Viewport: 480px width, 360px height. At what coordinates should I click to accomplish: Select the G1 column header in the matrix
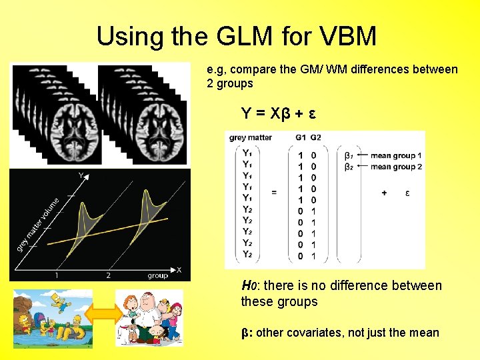point(301,138)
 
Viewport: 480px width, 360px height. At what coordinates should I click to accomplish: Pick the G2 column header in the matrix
point(315,138)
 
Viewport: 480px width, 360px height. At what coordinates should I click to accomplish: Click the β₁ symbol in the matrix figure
point(349,155)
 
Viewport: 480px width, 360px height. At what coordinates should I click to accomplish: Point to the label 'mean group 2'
point(397,167)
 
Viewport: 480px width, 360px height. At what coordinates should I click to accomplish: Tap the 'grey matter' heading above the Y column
point(250,138)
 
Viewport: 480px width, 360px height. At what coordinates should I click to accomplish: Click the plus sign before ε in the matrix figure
point(384,193)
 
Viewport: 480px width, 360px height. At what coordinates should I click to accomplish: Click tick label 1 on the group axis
point(57,275)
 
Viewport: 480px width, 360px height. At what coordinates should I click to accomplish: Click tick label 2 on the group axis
point(108,275)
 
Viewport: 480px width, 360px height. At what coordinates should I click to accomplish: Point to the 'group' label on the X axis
point(157,275)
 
